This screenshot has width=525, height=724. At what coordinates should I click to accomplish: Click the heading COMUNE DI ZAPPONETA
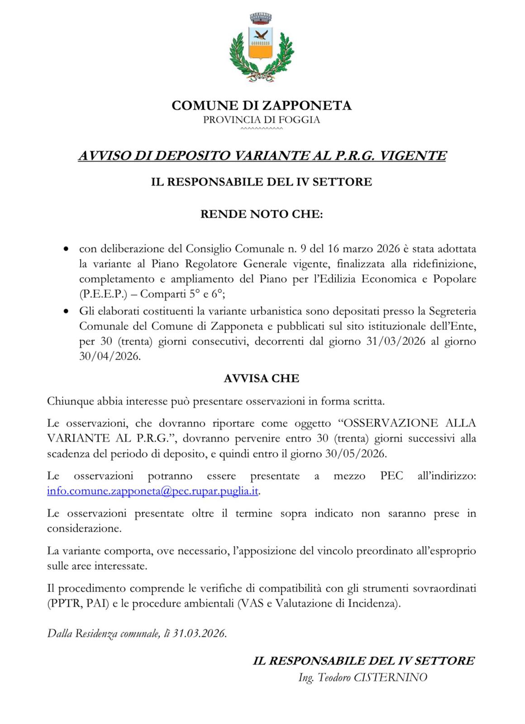(x=262, y=105)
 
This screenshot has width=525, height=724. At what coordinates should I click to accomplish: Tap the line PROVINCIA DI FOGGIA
(x=262, y=120)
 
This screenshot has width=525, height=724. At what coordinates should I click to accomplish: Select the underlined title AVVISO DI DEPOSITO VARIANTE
(x=262, y=156)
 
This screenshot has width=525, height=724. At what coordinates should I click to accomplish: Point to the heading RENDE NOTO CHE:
(x=262, y=214)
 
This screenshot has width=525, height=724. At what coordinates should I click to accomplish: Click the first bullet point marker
(x=66, y=249)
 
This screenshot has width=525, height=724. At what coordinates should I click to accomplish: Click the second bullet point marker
(x=66, y=311)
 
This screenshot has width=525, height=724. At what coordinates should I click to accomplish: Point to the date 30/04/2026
(x=109, y=357)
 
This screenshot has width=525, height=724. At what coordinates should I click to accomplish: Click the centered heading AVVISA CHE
(x=262, y=378)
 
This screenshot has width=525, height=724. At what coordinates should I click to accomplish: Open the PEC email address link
(x=153, y=491)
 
